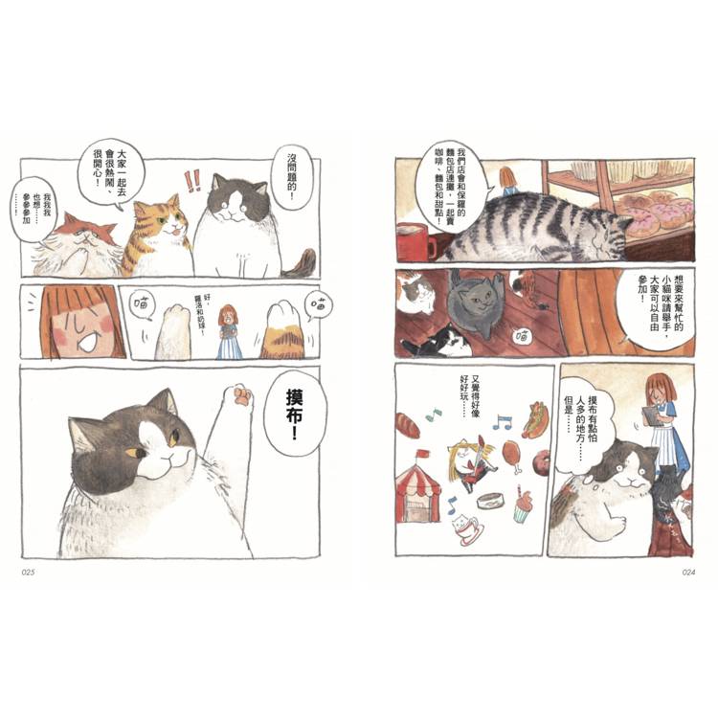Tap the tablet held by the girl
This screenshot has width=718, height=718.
pyautogui.click(x=651, y=415)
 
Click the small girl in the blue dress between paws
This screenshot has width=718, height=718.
pyautogui.click(x=228, y=331)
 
